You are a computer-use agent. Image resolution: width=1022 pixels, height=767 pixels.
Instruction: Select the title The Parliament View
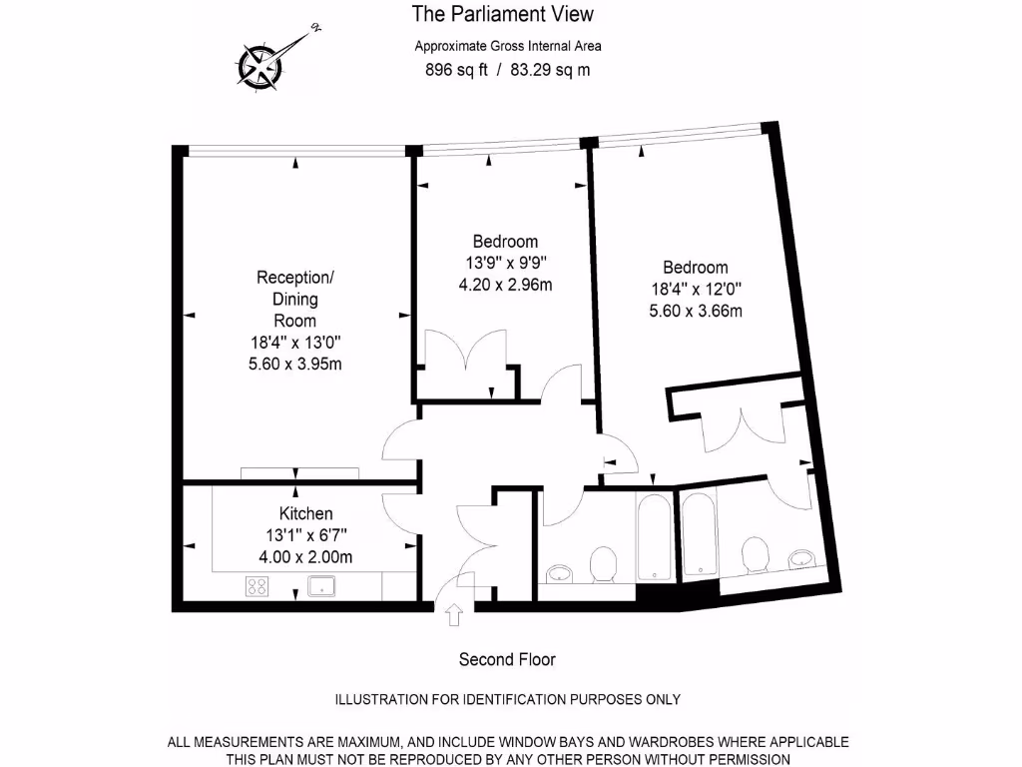click(503, 14)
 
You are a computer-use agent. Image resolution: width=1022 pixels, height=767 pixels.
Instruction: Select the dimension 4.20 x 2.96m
click(505, 285)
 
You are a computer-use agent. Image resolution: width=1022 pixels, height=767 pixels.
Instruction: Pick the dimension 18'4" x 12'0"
click(695, 289)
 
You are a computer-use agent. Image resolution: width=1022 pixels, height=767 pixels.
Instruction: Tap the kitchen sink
click(322, 585)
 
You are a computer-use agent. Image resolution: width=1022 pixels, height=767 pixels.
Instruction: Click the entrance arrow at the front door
click(454, 615)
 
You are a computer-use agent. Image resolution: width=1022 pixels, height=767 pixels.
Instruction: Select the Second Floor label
click(507, 659)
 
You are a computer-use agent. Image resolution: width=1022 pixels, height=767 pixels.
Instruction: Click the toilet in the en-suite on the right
click(755, 555)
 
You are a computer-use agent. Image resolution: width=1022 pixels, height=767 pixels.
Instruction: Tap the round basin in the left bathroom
click(560, 573)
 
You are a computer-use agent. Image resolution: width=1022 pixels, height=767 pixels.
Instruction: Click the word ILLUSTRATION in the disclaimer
click(380, 700)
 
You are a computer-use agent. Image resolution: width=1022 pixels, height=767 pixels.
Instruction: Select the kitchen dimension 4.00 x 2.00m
click(305, 557)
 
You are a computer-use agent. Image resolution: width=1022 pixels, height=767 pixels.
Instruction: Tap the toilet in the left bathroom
click(602, 565)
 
